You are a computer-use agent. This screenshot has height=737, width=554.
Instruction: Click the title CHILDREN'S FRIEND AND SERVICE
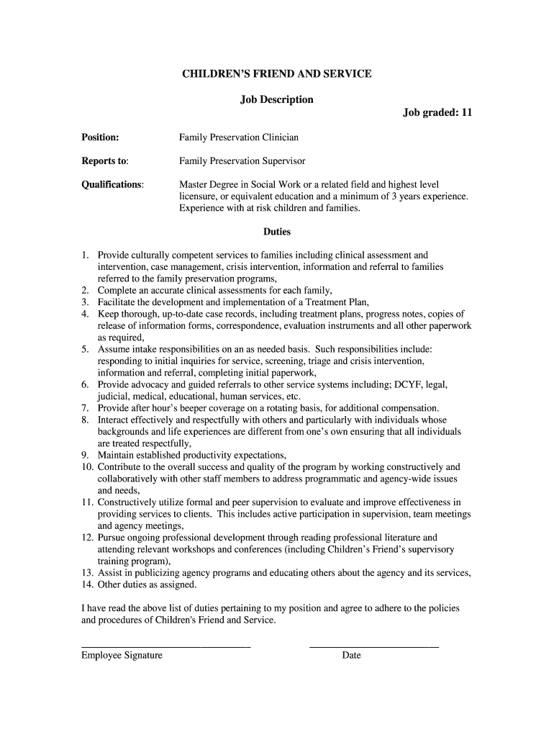click(x=276, y=74)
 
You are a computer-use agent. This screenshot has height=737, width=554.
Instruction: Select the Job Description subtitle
click(x=276, y=99)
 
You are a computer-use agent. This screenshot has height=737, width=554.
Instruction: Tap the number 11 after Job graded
click(x=466, y=112)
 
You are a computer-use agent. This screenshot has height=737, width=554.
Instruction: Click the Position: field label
click(x=100, y=137)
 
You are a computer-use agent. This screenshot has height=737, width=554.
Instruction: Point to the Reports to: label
click(x=104, y=160)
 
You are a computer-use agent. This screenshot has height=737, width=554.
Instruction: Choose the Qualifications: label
click(x=112, y=184)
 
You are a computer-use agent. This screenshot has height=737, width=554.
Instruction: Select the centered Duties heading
click(x=276, y=232)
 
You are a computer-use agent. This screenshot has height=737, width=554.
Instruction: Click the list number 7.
click(x=84, y=408)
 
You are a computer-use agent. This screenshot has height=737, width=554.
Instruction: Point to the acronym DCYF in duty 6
click(x=408, y=385)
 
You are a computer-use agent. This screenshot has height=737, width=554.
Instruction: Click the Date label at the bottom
click(x=351, y=656)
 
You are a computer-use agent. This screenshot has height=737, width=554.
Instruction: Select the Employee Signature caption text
click(x=122, y=656)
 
